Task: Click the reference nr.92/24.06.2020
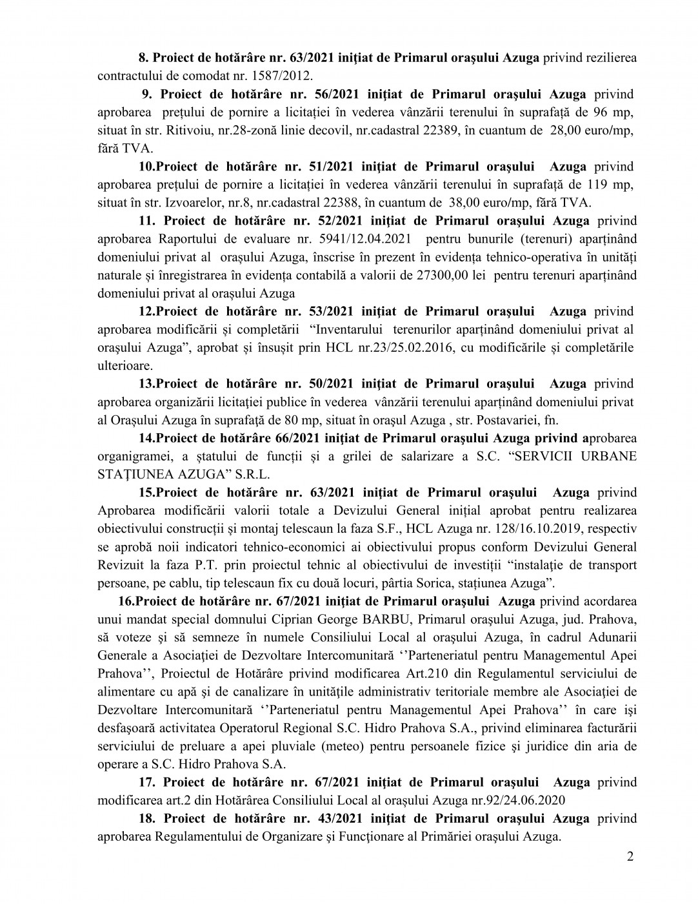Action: tap(514, 800)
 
